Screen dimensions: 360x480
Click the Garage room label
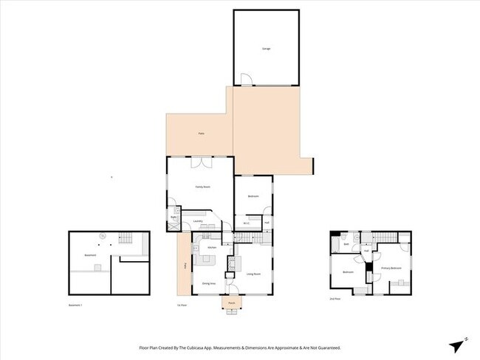(x=266, y=49)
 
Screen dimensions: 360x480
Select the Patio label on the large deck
(x=200, y=134)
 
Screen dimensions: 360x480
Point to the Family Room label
(x=203, y=187)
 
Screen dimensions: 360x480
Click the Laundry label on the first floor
(x=198, y=221)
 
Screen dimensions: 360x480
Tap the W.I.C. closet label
(x=247, y=224)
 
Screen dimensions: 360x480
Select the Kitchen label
(x=211, y=247)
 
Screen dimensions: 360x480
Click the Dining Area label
(x=208, y=283)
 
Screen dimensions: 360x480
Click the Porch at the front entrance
(x=231, y=302)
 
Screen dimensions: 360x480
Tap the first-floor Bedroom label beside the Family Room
(x=253, y=196)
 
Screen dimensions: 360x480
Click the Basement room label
(x=90, y=255)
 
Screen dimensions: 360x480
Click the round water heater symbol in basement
(x=102, y=235)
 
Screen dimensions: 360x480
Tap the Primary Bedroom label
(x=391, y=268)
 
